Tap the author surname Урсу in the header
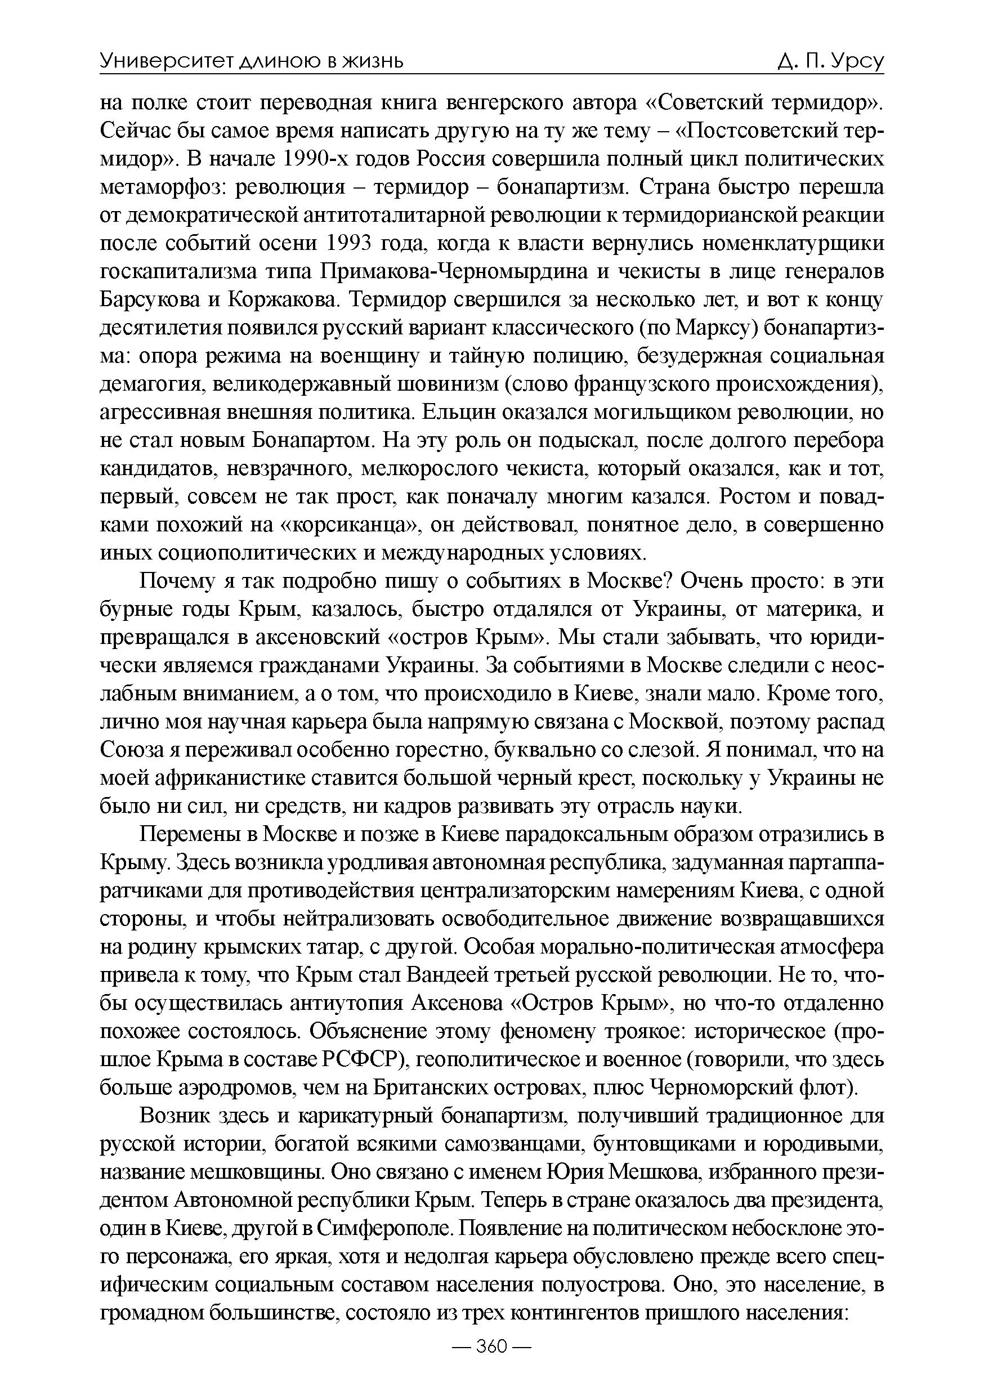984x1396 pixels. tap(856, 61)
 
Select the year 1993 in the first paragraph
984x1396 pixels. tap(349, 243)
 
